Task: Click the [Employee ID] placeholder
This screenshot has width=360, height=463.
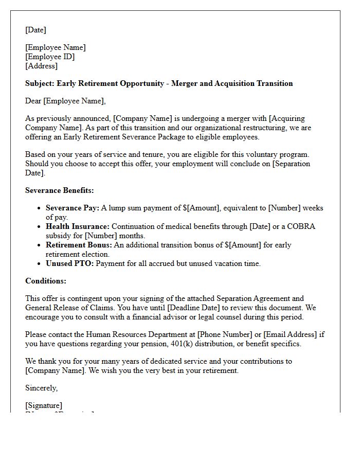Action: pyautogui.click(x=50, y=57)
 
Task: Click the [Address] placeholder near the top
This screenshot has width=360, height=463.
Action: pyautogui.click(x=41, y=66)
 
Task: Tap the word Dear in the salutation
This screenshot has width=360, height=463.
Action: pyautogui.click(x=33, y=101)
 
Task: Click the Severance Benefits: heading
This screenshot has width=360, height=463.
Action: pyautogui.click(x=60, y=190)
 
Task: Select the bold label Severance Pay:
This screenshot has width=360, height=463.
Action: pyautogui.click(x=72, y=208)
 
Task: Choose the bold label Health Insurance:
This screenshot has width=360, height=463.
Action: pyautogui.click(x=78, y=226)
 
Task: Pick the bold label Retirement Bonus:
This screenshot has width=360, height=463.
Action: pyautogui.click(x=79, y=245)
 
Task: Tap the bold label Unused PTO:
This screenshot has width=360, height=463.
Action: pyautogui.click(x=69, y=263)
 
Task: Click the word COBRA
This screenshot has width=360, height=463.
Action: pyautogui.click(x=302, y=226)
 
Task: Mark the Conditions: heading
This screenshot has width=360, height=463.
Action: pyautogui.click(x=46, y=281)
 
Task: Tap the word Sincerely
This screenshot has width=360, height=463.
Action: pyautogui.click(x=41, y=388)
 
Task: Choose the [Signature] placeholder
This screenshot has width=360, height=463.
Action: pyautogui.click(x=44, y=405)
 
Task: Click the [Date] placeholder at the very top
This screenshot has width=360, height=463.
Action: pyautogui.click(x=35, y=30)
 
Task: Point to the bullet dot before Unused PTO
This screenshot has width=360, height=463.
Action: pyautogui.click(x=40, y=264)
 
